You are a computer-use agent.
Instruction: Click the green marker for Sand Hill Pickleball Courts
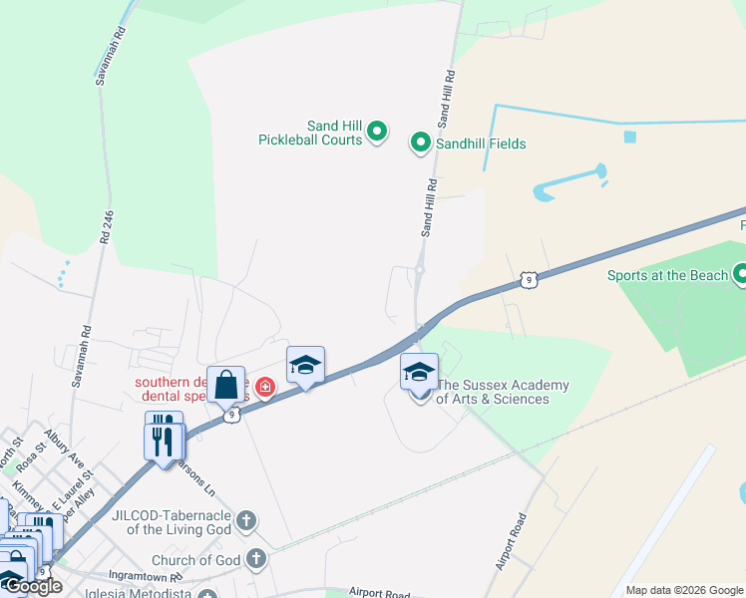(377, 132)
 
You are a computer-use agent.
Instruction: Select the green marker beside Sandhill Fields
(421, 145)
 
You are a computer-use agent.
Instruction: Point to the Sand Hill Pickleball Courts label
(309, 133)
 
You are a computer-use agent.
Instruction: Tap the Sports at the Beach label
(668, 275)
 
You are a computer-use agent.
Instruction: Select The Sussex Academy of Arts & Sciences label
(503, 392)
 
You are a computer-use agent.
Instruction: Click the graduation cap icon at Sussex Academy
(419, 372)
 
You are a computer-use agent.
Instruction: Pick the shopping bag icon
(225, 385)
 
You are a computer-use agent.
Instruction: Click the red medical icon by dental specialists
(265, 387)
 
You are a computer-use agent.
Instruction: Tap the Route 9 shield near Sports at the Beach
(529, 280)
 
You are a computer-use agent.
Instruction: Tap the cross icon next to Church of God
(256, 559)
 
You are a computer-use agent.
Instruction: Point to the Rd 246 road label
(108, 227)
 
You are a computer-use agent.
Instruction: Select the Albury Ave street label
(65, 448)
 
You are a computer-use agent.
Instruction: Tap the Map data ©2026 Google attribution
(683, 590)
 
